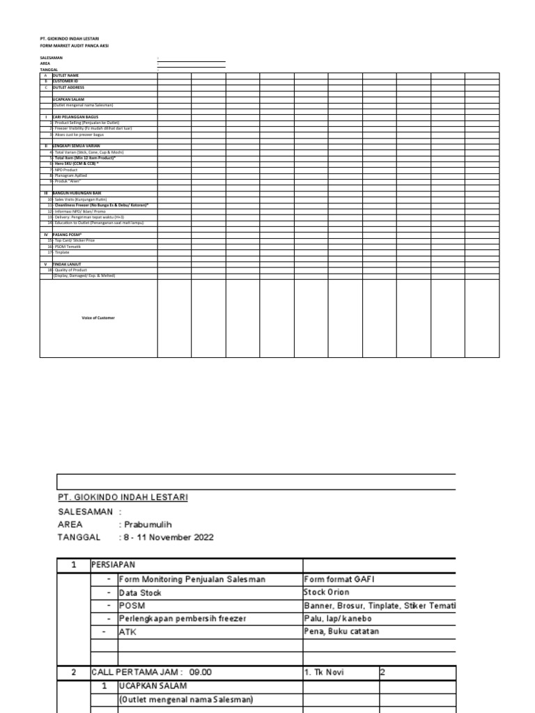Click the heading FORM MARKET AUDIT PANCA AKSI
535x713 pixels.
coord(74,46)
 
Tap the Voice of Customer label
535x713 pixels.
coord(98,318)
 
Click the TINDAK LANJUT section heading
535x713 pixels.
coord(67,265)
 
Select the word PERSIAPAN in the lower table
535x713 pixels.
coord(115,565)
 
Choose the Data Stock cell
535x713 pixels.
coord(141,593)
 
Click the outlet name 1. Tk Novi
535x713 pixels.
coord(324,673)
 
